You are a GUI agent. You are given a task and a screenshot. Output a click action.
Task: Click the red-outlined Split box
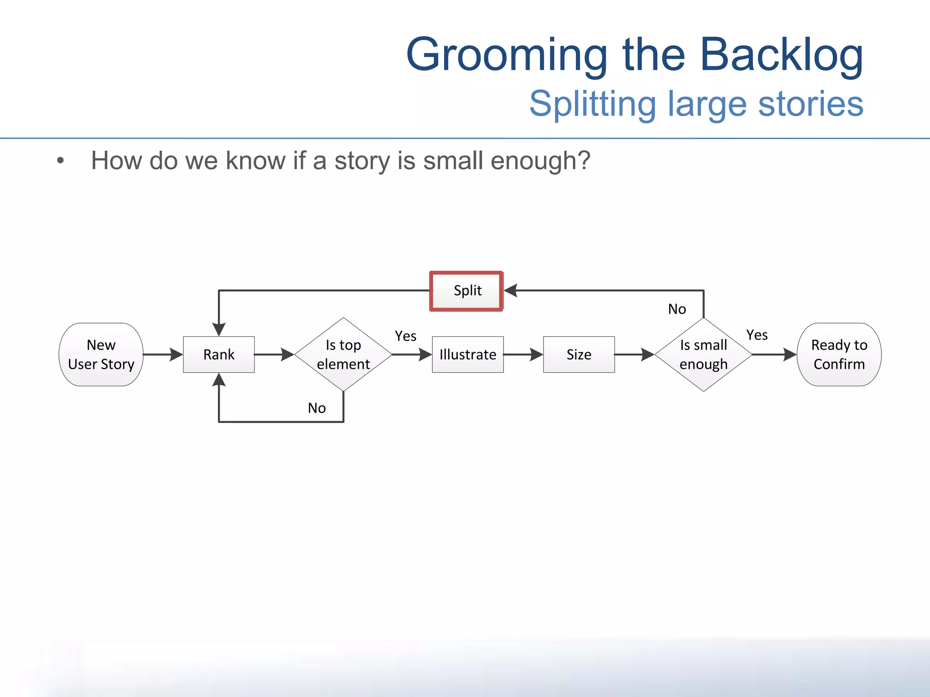[x=466, y=291]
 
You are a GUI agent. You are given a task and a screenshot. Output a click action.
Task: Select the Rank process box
[x=219, y=354]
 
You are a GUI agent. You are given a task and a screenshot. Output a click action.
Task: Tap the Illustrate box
[x=468, y=354]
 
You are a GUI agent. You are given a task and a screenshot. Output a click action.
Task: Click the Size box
[x=579, y=354]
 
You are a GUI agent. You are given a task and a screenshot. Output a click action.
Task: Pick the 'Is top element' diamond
[x=343, y=354]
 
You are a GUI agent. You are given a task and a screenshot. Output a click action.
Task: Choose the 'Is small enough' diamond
[x=703, y=354]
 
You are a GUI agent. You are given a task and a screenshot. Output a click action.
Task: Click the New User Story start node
[x=101, y=354]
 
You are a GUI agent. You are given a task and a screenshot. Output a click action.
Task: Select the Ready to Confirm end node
[x=839, y=354]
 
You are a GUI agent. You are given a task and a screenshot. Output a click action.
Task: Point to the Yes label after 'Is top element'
[x=406, y=336]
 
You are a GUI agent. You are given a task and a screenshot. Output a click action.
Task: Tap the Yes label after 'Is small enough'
[x=757, y=335]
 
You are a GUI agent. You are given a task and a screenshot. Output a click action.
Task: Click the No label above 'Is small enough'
[x=677, y=309]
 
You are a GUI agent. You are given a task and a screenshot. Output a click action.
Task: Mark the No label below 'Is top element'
[x=317, y=408]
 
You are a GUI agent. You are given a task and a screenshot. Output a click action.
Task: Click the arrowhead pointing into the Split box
[x=511, y=290]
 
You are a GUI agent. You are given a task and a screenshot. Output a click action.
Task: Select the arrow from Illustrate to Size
[x=523, y=354]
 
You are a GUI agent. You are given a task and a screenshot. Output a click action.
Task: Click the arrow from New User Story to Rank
[x=163, y=354]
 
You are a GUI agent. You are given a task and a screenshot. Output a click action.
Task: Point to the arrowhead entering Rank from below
[x=219, y=380]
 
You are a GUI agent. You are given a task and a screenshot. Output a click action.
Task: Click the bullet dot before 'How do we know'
[x=60, y=161]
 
